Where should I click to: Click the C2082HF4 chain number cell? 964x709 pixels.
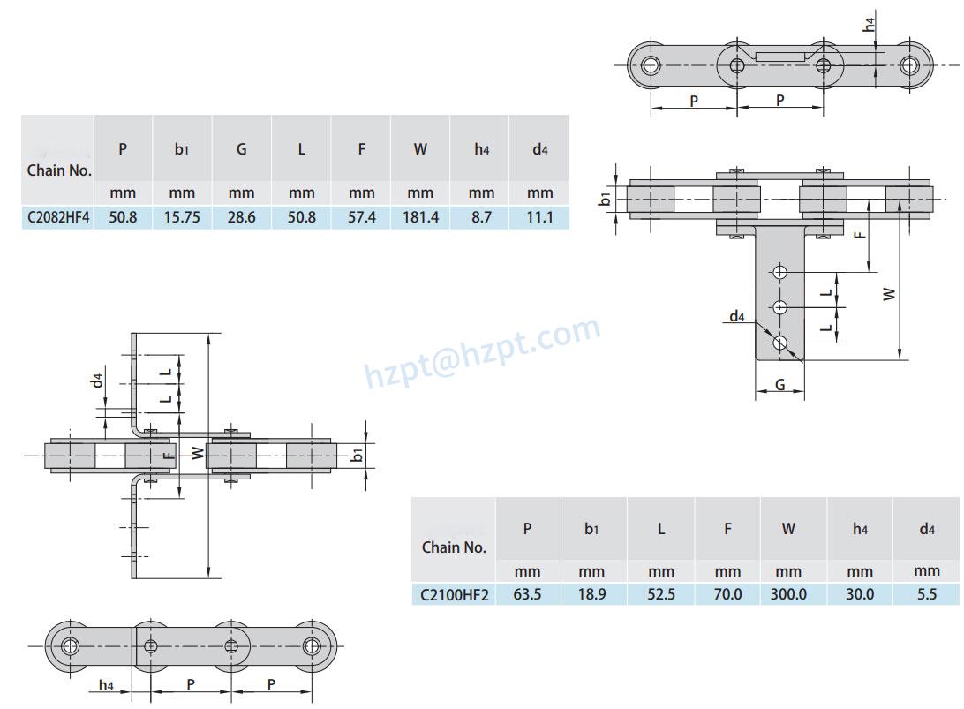58,217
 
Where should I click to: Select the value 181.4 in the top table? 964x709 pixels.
420,217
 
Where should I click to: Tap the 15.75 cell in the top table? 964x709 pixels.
182,217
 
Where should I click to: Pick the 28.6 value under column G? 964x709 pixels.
241,217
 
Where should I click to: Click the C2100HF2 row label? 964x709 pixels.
454,594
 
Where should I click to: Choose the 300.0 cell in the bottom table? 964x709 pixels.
788,594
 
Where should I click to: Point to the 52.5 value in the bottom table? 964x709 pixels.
660,594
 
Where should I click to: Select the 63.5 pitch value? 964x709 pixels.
527,594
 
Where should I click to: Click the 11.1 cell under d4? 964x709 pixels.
539,217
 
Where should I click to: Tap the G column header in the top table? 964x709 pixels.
241,149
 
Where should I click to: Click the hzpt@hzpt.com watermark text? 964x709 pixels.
483,353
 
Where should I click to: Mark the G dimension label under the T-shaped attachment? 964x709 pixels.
779,384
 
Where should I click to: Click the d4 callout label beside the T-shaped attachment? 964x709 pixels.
737,316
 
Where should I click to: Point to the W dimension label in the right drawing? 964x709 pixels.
890,293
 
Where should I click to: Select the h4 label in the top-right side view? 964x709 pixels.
870,26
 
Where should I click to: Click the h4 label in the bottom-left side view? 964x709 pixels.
106,684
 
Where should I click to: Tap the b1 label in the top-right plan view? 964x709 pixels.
606,199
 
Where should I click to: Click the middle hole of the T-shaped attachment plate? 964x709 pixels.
779,306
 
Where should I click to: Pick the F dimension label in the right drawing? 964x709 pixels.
860,234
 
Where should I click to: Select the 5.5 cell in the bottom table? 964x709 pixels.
926,594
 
